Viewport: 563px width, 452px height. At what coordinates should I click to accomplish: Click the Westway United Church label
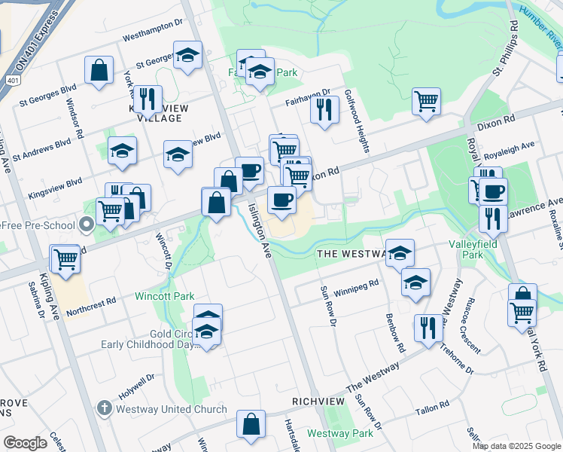point(172,409)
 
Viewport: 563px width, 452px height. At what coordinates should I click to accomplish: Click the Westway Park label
point(340,433)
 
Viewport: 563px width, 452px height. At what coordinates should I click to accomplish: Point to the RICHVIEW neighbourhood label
point(318,402)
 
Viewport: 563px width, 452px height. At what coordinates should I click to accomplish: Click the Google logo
point(25,443)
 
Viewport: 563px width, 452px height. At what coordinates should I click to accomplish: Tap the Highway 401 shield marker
point(14,78)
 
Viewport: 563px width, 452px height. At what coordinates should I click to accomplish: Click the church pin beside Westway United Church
point(105,409)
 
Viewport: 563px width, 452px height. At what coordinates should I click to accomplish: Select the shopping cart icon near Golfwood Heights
point(427,101)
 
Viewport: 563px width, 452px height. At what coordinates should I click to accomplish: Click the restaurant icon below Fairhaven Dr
point(324,109)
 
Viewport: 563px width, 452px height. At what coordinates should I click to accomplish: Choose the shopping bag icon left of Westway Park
point(251,423)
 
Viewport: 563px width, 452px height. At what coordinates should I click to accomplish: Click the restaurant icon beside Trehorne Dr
point(428,328)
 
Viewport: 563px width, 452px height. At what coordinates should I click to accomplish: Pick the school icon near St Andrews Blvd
point(121,151)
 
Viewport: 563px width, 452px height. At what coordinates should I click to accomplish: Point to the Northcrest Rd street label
point(91,305)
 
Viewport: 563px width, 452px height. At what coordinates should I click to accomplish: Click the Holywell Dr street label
point(135,386)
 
